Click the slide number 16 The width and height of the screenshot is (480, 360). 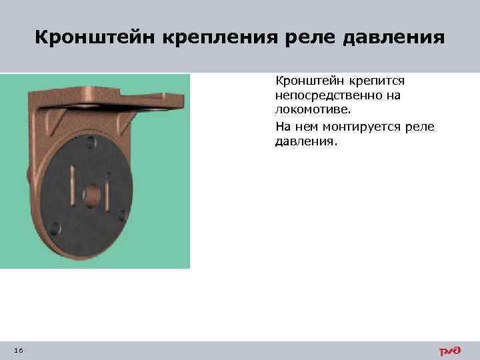18,351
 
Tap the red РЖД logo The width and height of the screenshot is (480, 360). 450,351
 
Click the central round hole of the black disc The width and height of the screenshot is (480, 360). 93,195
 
